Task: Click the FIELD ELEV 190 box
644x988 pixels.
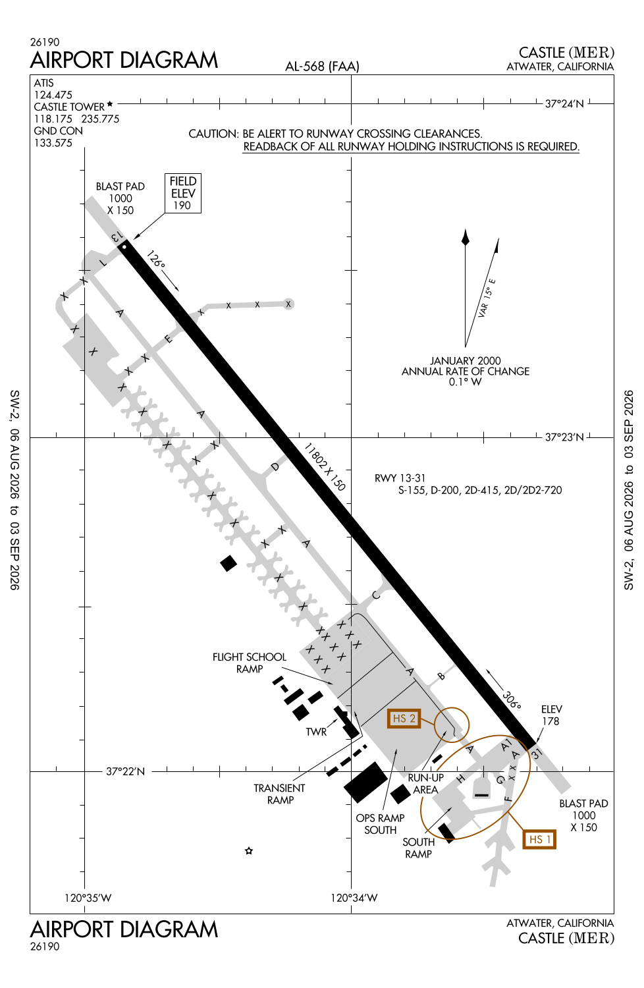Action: point(183,193)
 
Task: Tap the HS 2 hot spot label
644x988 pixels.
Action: point(404,719)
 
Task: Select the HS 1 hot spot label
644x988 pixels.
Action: point(539,839)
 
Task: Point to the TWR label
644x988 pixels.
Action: point(316,732)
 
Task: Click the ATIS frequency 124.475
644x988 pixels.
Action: point(53,95)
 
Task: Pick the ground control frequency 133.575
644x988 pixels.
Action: point(53,143)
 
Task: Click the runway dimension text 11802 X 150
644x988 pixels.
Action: point(325,467)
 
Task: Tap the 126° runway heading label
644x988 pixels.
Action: point(155,259)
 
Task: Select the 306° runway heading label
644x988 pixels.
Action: point(512,700)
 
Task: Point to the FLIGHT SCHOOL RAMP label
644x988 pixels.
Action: point(249,663)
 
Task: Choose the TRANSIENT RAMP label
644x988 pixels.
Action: point(279,794)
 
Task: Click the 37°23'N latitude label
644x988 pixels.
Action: point(564,437)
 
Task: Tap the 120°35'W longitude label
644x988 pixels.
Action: point(88,898)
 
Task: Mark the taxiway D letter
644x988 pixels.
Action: point(275,466)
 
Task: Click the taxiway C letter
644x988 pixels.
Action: point(376,595)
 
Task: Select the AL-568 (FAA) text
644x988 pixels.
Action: point(322,66)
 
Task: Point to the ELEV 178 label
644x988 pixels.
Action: point(551,715)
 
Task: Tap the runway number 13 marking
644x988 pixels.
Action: point(117,236)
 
